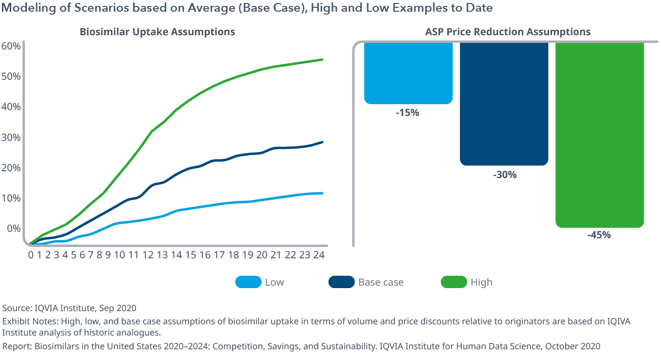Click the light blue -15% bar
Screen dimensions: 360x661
(408, 73)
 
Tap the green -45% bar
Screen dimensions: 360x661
(599, 135)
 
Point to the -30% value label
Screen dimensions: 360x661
(504, 175)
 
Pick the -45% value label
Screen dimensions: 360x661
(599, 235)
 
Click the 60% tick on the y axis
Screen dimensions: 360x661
(11, 46)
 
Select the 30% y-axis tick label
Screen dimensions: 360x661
(11, 137)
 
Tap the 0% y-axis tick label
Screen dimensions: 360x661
(13, 228)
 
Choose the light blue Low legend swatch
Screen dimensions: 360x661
(248, 282)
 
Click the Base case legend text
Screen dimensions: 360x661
(381, 282)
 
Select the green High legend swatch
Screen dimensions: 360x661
(453, 282)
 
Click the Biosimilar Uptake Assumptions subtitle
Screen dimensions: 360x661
(157, 32)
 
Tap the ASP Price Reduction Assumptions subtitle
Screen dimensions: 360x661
(508, 32)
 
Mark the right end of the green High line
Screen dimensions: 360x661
(322, 60)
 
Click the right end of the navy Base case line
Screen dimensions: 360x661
(322, 142)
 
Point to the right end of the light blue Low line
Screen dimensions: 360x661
(322, 193)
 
